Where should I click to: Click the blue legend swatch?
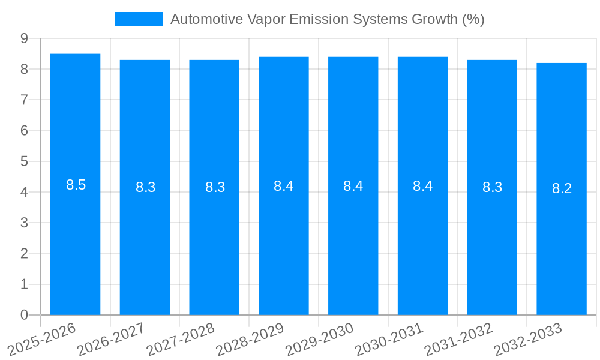pos(139,19)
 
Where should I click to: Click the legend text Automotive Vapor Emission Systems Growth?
pos(327,19)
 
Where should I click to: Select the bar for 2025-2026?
pos(75,240)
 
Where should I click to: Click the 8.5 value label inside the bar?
pos(76,185)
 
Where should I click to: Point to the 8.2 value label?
pos(562,188)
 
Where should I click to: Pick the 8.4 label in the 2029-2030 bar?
pos(353,186)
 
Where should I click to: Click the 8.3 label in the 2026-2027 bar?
pos(145,187)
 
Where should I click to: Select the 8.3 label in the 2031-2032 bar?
pos(492,187)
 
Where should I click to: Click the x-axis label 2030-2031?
pos(389,340)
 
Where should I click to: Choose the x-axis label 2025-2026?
pos(43,340)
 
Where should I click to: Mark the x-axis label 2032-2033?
pos(529,340)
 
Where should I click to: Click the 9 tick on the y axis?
pos(24,38)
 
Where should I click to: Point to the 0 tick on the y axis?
pos(24,315)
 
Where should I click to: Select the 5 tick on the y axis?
pos(24,161)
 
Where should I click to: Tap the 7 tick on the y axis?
pos(24,100)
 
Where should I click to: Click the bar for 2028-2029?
pos(283,240)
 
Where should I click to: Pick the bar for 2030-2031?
pos(422,240)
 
